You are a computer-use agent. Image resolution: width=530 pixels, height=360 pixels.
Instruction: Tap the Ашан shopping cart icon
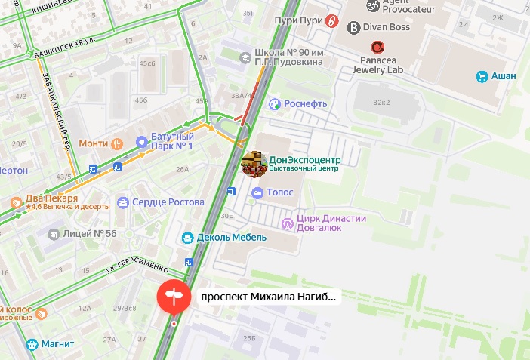pos(482,76)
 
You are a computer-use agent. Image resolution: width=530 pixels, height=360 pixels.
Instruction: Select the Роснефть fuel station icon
pos(276,104)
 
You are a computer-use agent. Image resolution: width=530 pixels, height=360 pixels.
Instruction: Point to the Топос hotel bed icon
pos(257,193)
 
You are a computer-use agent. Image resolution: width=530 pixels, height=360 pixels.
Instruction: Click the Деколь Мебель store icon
pos(187,238)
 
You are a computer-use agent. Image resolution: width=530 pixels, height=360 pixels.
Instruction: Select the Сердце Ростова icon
pos(122,203)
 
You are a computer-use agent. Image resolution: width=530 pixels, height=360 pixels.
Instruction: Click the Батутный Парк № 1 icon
pos(141,141)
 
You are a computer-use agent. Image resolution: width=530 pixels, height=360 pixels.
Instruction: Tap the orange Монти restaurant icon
pos(116,143)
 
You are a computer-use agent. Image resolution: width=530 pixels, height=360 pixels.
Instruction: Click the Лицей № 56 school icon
pos(53,234)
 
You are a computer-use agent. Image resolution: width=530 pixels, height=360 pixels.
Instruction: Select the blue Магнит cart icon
pos(32,344)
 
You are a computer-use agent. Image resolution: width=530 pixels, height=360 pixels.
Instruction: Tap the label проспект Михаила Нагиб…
pos(267,297)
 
